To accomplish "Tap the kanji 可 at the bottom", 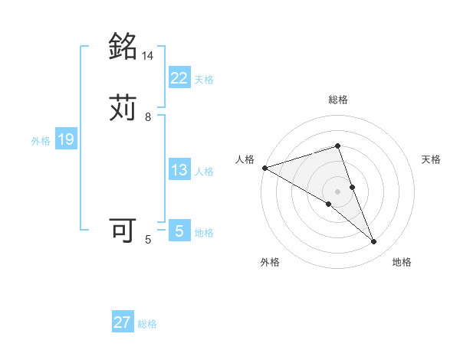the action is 123,230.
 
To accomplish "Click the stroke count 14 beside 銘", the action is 148,56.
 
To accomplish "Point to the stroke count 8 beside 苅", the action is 148,117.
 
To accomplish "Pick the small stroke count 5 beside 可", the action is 148,240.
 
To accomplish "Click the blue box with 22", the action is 179,78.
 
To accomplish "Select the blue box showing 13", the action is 179,170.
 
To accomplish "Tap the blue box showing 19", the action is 65,139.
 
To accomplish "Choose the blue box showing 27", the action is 123,322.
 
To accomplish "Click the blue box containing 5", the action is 179,231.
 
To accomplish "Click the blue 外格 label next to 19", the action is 41,141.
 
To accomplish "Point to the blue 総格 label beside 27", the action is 147,324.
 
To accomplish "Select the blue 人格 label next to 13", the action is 204,172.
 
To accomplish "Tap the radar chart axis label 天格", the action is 432,159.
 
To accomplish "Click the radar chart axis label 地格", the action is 402,262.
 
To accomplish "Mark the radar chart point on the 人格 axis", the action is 264,168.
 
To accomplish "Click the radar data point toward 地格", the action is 373,242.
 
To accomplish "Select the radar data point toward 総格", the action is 337,146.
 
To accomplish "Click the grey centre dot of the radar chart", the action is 337,191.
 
